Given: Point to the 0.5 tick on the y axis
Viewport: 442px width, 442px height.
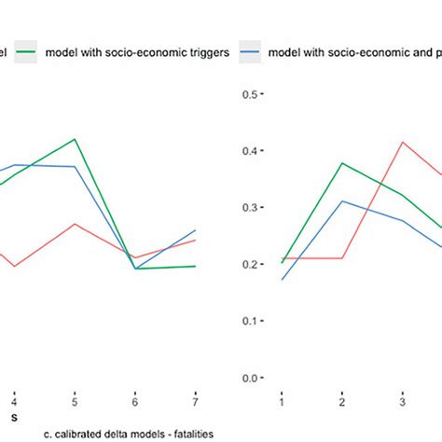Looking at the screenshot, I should [251, 94].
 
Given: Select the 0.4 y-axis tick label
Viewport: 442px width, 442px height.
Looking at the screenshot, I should [251, 151].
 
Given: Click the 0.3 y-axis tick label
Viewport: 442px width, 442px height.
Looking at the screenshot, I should [251, 208].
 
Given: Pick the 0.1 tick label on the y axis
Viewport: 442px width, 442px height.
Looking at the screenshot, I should [251, 322].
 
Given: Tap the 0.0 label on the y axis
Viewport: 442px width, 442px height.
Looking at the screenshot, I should [251, 379].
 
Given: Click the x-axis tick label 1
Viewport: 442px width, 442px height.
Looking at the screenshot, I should [281, 401].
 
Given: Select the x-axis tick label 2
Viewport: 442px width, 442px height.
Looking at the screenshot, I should [342, 401].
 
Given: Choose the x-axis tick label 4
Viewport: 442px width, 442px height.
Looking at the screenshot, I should [13, 401].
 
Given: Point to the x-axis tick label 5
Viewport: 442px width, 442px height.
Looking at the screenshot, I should [74, 401].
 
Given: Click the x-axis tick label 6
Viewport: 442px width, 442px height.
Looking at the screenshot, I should [135, 401].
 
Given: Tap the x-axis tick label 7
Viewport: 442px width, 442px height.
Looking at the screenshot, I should [196, 401].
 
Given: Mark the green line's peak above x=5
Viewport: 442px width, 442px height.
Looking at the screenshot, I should [75, 139].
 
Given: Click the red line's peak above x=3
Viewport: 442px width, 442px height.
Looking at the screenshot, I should [403, 143].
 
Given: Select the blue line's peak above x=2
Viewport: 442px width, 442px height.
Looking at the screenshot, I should [342, 200].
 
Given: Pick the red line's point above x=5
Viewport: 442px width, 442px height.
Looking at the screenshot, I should [75, 224].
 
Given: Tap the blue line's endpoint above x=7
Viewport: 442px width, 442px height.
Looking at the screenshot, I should [196, 229].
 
